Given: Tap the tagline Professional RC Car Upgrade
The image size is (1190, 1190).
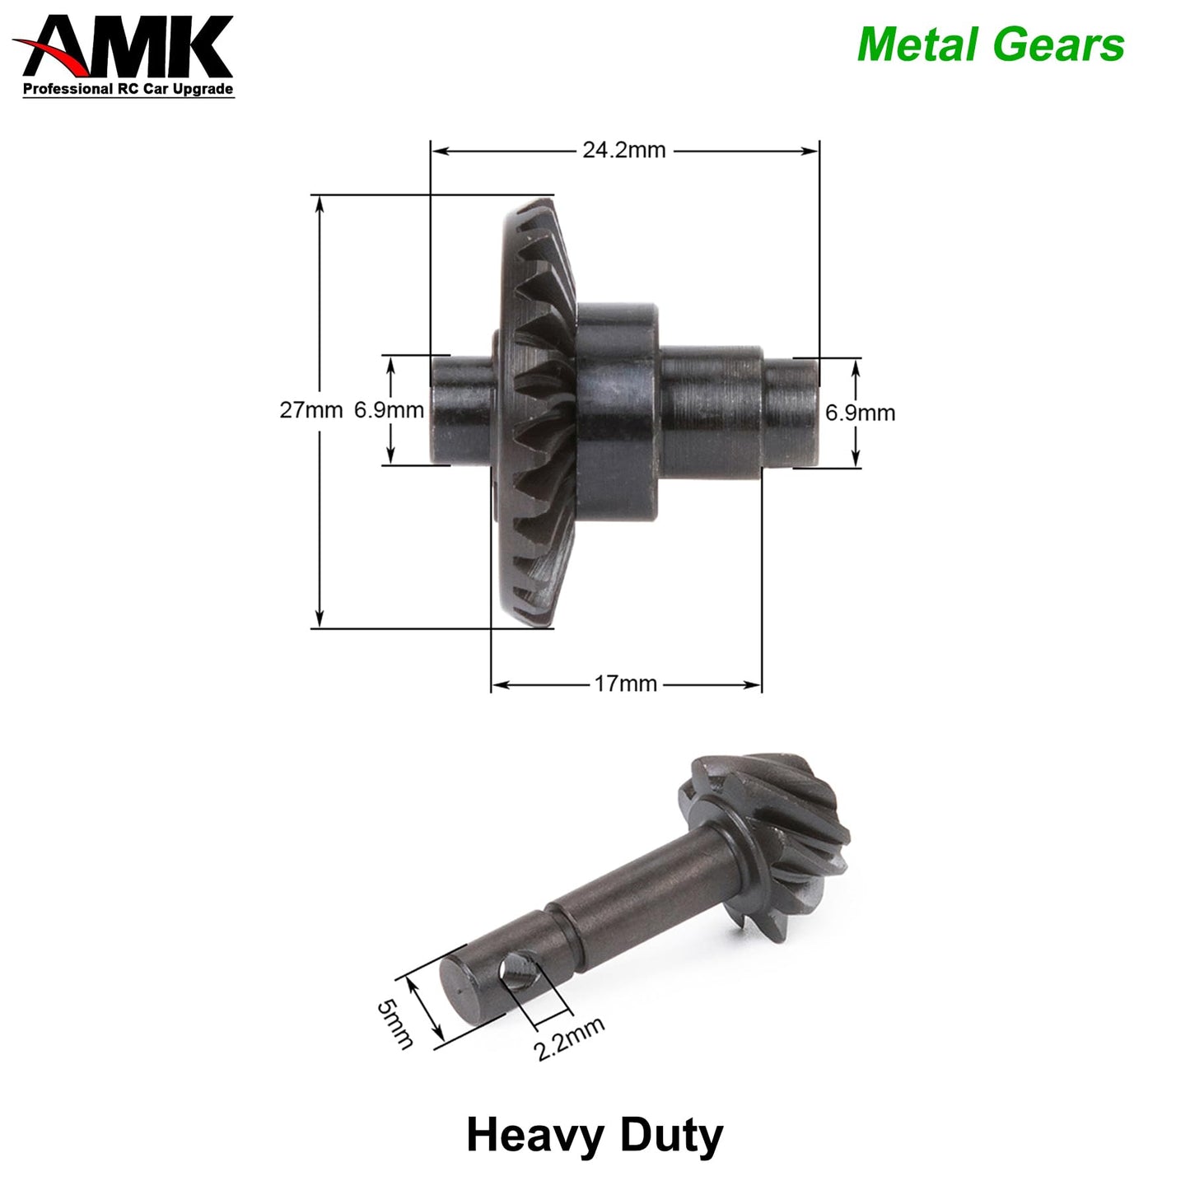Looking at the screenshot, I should pyautogui.click(x=128, y=89).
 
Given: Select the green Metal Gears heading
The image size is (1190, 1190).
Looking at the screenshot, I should pyautogui.click(x=990, y=44).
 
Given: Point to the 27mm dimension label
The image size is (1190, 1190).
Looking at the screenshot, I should pyautogui.click(x=310, y=410).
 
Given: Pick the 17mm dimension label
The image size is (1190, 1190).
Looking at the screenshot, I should pyautogui.click(x=626, y=684).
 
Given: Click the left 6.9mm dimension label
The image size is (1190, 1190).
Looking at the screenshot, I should pyautogui.click(x=389, y=410).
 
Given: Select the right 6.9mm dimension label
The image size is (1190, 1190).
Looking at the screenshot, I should pyautogui.click(x=860, y=412).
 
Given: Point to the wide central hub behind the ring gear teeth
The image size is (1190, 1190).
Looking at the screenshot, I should pyautogui.click(x=618, y=412).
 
